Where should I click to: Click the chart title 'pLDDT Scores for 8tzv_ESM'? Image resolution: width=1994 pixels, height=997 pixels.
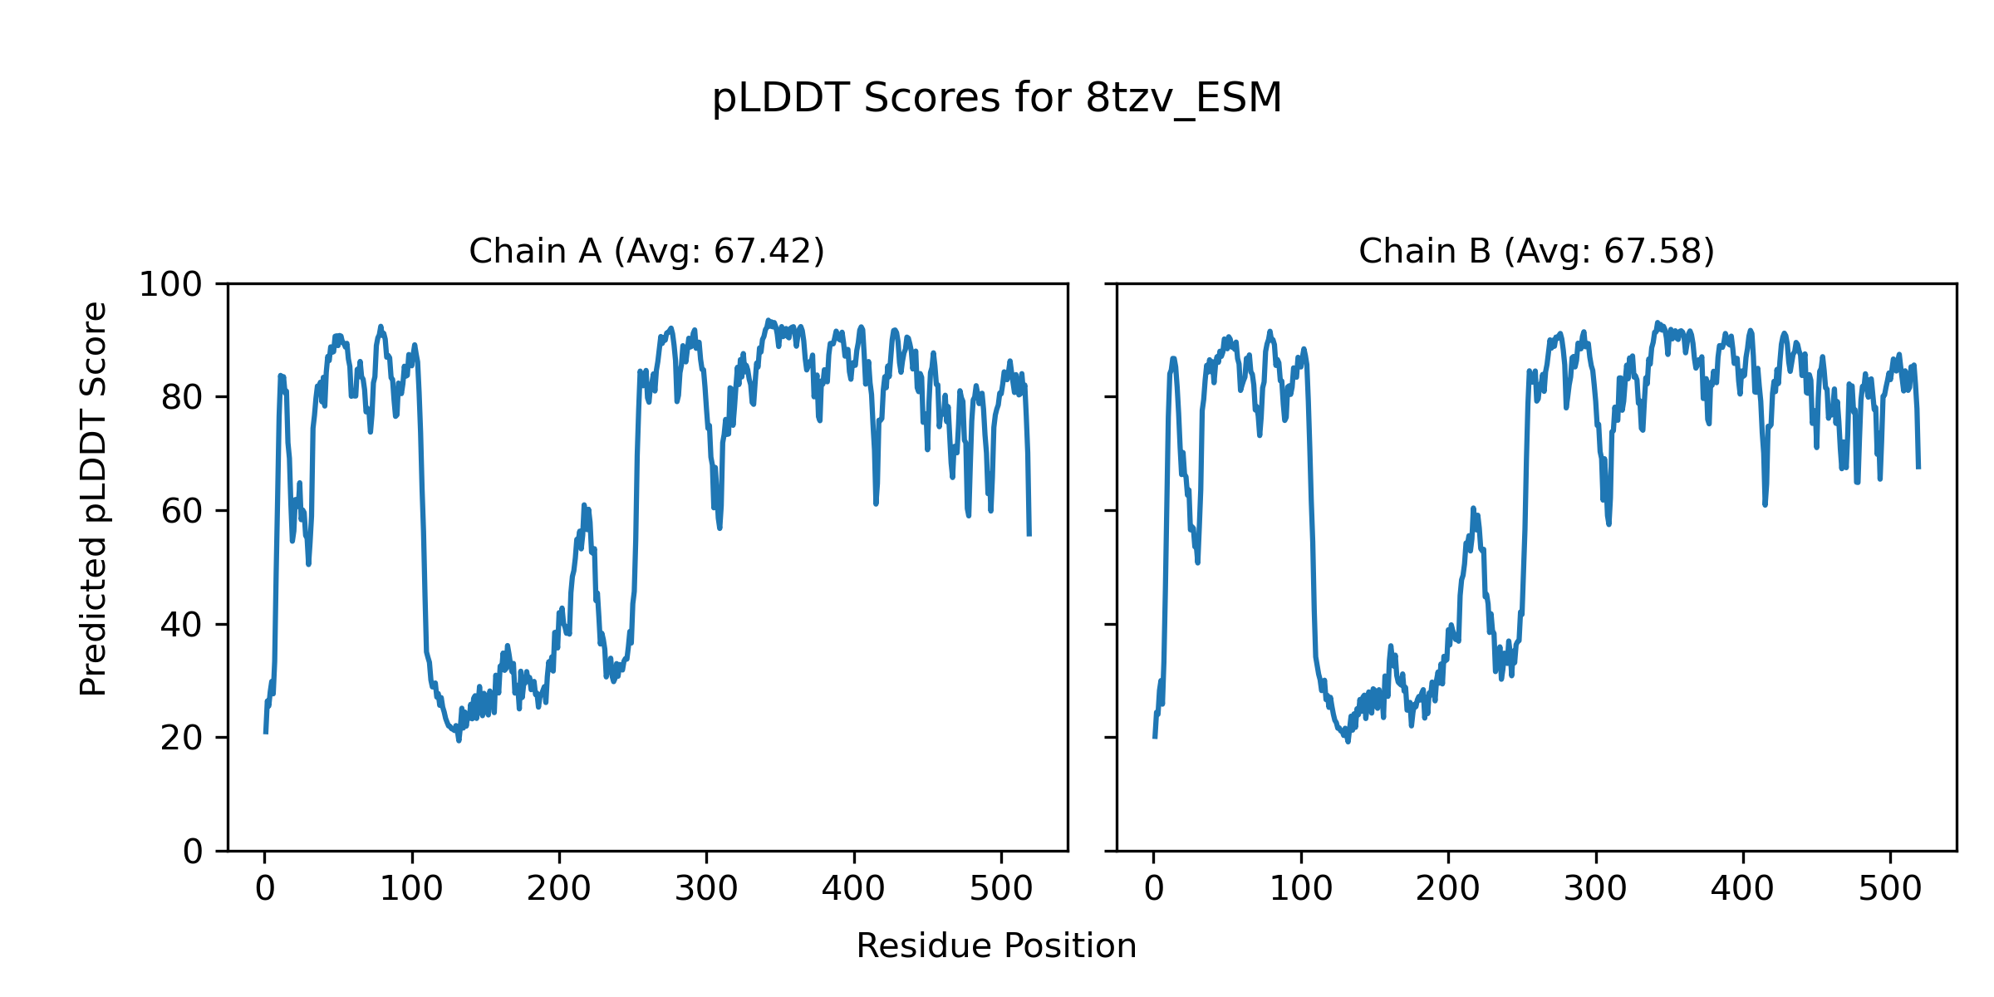coord(997,99)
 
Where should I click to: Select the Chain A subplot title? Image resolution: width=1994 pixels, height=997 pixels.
coord(646,251)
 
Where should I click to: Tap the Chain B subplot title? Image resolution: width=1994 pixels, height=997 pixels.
coord(1536,251)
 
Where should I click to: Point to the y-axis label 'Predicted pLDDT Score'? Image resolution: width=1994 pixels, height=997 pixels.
coord(94,498)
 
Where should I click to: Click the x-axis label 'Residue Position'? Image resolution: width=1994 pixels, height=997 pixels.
coord(996,946)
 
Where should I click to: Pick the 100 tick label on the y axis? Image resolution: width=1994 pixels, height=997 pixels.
coord(170,285)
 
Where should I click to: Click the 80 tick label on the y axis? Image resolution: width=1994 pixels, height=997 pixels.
coord(182,398)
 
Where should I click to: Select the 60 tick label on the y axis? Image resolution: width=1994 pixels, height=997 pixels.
coord(182,511)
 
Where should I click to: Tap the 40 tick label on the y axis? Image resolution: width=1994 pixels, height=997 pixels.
coord(182,625)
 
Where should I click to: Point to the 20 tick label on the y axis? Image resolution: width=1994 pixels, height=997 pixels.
coord(182,738)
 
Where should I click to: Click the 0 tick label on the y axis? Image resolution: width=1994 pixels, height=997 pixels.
coord(193,852)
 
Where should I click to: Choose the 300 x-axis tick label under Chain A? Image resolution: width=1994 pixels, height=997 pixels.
coord(706,889)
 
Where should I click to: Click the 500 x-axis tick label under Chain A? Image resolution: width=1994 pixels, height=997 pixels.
coord(1001,889)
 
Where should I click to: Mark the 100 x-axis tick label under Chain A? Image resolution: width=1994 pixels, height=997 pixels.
coord(411,889)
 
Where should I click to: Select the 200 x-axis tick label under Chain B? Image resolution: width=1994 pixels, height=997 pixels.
coord(1448,889)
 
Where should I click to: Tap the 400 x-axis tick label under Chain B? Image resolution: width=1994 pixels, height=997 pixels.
coord(1742,889)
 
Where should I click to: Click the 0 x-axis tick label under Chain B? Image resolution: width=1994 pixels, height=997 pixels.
coord(1154,889)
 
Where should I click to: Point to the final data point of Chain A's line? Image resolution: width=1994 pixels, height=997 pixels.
coord(1029,535)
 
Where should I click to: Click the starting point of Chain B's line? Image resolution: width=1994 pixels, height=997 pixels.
coord(1154,737)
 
